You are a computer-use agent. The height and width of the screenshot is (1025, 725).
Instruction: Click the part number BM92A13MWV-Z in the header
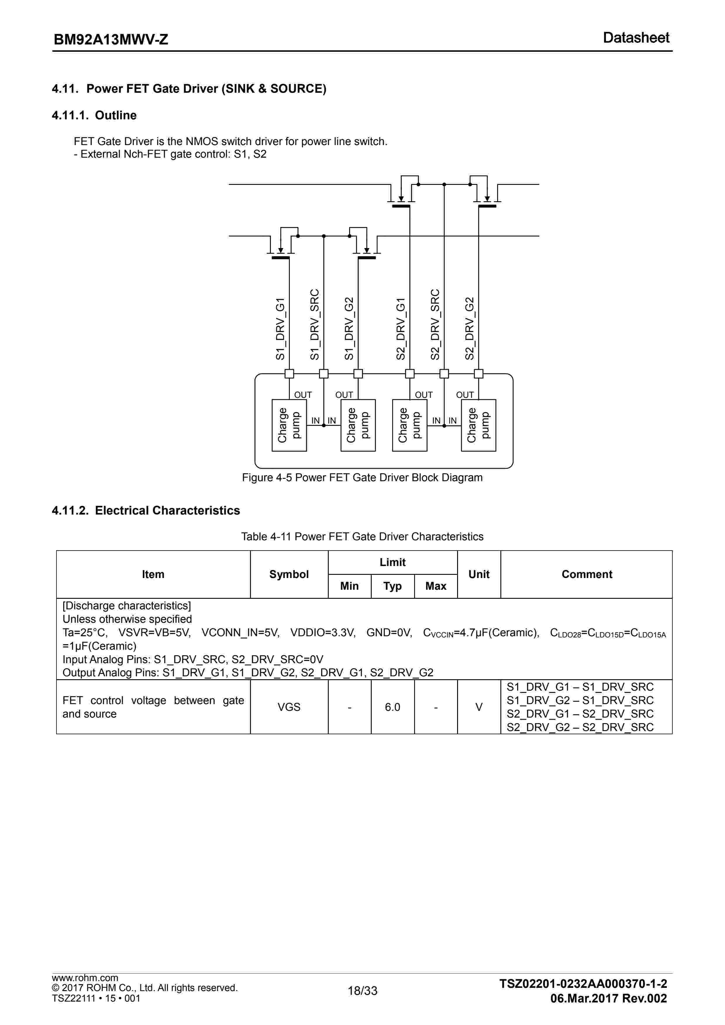point(111,40)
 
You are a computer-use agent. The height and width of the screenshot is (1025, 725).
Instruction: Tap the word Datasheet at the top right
point(636,38)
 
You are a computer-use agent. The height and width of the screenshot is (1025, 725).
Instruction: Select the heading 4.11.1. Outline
point(94,115)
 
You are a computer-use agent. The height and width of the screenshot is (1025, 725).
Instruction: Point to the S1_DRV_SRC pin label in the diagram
point(314,324)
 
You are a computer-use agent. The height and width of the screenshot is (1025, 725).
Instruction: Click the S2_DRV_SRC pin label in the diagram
point(435,324)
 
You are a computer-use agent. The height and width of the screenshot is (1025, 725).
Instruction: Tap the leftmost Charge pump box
point(289,425)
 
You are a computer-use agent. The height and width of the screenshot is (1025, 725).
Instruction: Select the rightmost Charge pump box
point(478,425)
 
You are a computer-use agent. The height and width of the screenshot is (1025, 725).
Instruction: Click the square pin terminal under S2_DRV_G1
point(409,374)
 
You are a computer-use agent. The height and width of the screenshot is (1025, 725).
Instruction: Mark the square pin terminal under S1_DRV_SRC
point(324,374)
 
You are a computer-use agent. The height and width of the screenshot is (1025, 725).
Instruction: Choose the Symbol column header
point(289,574)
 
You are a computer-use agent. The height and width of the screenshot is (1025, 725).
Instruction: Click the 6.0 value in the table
point(392,707)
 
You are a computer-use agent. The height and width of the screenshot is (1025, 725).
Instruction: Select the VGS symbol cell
point(289,707)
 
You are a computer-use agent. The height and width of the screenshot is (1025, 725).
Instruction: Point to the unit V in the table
point(478,707)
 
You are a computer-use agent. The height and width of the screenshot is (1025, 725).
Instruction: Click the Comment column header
point(586,574)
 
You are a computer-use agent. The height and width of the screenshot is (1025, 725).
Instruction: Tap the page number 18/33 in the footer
point(363,990)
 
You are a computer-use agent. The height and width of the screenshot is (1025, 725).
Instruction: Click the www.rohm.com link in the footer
point(85,978)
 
